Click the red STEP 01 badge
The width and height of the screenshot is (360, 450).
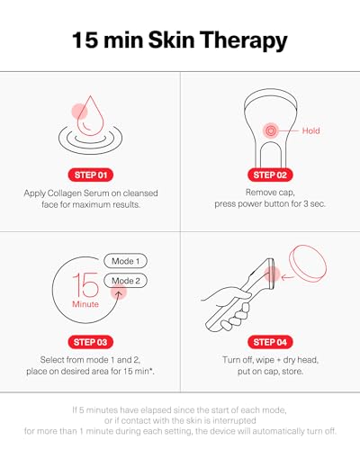(x=90, y=175)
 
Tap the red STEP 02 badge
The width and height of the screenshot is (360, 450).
(x=270, y=175)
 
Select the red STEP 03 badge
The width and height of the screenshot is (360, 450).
(x=90, y=343)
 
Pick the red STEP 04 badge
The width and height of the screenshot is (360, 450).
(x=270, y=343)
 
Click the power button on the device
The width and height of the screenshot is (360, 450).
(x=268, y=130)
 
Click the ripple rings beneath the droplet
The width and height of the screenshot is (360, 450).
(x=90, y=140)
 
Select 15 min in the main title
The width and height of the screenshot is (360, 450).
(x=110, y=40)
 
